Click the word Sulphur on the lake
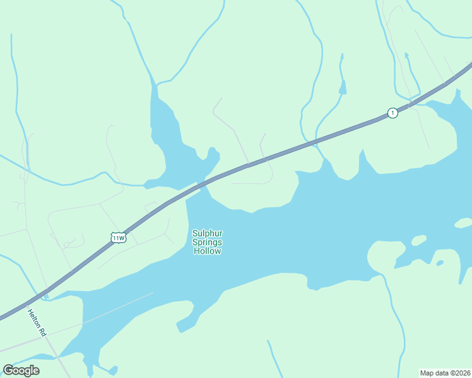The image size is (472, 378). [207, 234]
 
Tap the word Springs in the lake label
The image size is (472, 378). [207, 243]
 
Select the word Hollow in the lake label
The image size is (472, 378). [207, 251]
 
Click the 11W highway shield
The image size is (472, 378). [118, 238]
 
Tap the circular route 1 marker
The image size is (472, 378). [392, 113]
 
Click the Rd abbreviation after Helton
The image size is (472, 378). [44, 331]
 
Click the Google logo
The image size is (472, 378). [21, 370]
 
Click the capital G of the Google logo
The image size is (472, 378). [8, 370]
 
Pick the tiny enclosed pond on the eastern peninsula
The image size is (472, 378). [439, 263]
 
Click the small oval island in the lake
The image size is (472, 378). [418, 240]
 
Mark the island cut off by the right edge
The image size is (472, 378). [463, 223]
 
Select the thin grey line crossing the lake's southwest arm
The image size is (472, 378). [120, 309]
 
